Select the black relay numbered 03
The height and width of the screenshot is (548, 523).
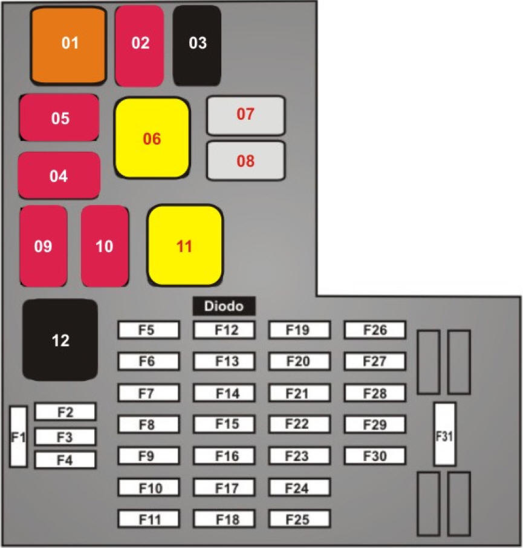[197, 45]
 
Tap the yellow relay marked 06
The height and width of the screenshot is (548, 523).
[152, 139]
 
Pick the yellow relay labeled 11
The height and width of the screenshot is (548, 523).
[185, 246]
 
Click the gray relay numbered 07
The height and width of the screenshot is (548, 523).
[245, 115]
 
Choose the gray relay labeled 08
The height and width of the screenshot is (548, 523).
[245, 161]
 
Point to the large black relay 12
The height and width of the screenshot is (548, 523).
[60, 340]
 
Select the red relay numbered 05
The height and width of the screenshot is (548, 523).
[59, 118]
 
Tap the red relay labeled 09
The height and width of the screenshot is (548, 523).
[43, 246]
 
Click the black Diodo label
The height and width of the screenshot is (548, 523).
[224, 306]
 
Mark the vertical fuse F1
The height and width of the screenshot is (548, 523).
[18, 436]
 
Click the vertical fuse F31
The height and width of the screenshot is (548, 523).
[444, 434]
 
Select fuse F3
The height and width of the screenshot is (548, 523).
[65, 436]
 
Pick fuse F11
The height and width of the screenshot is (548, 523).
[149, 519]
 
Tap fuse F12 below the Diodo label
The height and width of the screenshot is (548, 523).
[224, 330]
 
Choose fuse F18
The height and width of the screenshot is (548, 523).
[224, 519]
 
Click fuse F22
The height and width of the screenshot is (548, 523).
[299, 425]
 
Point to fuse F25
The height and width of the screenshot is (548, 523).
[299, 519]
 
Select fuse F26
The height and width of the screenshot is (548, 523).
[375, 330]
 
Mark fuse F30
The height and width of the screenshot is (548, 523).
[375, 456]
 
